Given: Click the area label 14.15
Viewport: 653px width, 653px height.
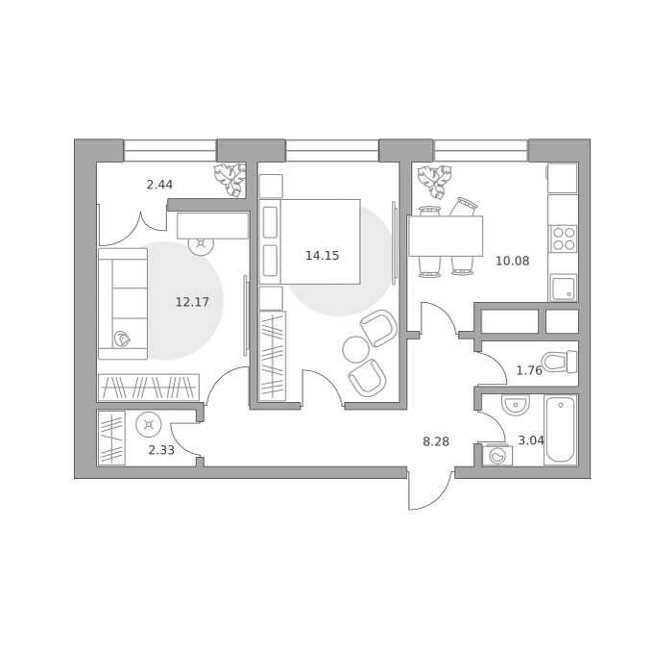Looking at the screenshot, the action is click(323, 256).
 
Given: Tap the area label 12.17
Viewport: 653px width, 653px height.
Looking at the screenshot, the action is click(192, 301).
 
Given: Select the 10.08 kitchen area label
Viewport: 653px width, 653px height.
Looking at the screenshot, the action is click(512, 261).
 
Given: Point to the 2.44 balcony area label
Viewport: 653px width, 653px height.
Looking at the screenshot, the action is click(159, 185).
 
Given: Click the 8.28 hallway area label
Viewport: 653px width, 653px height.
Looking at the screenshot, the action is click(436, 441).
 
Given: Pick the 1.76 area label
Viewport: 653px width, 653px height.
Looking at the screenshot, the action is click(529, 370).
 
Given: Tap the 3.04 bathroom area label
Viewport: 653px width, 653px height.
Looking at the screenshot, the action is click(531, 440).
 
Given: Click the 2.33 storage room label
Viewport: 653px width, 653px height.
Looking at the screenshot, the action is click(161, 450).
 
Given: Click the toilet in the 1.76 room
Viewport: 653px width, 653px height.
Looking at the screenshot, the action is click(560, 362).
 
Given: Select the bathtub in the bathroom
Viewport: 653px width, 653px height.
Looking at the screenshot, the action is click(561, 430).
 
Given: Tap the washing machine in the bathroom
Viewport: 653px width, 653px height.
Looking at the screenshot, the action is click(497, 455).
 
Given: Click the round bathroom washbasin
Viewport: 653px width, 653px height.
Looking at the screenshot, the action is click(516, 405).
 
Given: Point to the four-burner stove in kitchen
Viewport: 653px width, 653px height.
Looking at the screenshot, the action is click(563, 239).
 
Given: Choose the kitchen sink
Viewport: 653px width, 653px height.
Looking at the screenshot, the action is click(563, 288).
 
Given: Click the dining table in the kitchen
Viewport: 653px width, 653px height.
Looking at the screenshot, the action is click(446, 236).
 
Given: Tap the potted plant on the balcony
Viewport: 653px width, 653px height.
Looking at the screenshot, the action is click(230, 180).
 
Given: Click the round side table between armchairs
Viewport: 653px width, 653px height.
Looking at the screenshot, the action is click(355, 349).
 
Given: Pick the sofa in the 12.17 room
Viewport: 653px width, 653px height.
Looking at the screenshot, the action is click(123, 304).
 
